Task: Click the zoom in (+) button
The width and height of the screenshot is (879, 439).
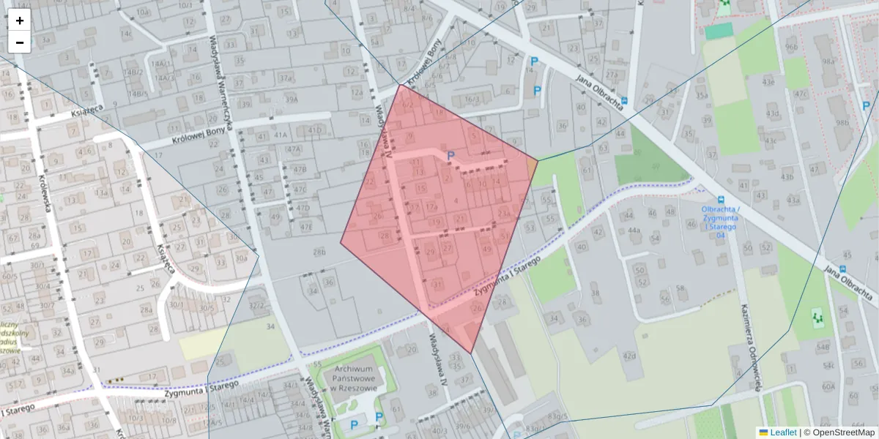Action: (20, 20)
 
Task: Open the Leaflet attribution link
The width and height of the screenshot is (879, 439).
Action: (782, 432)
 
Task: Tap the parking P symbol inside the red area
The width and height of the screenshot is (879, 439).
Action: (450, 156)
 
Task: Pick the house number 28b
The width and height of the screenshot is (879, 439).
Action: (319, 252)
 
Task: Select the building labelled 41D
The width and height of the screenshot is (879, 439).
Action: (316, 130)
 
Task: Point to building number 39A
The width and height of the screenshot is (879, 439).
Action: (292, 100)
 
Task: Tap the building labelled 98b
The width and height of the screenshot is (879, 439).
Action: (842, 123)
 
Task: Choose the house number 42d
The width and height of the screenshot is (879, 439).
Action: (628, 356)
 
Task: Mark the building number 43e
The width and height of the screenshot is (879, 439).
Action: (768, 81)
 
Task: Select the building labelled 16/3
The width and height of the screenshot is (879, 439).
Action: (472, 100)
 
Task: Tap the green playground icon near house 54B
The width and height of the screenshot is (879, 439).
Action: (817, 318)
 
